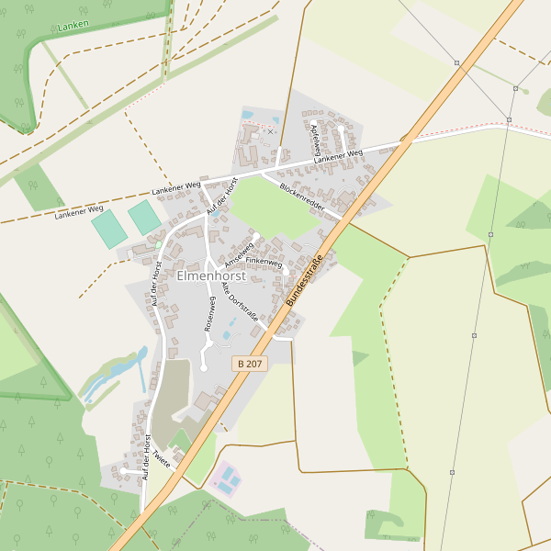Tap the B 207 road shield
249,364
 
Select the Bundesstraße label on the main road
306,280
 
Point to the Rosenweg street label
209,313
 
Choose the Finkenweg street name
264,262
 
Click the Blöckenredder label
302,198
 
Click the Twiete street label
162,456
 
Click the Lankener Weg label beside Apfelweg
338,157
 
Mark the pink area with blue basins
226,479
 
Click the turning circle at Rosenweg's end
203,368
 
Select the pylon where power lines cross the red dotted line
508,119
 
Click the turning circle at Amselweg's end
255,235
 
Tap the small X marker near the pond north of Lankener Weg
270,131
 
